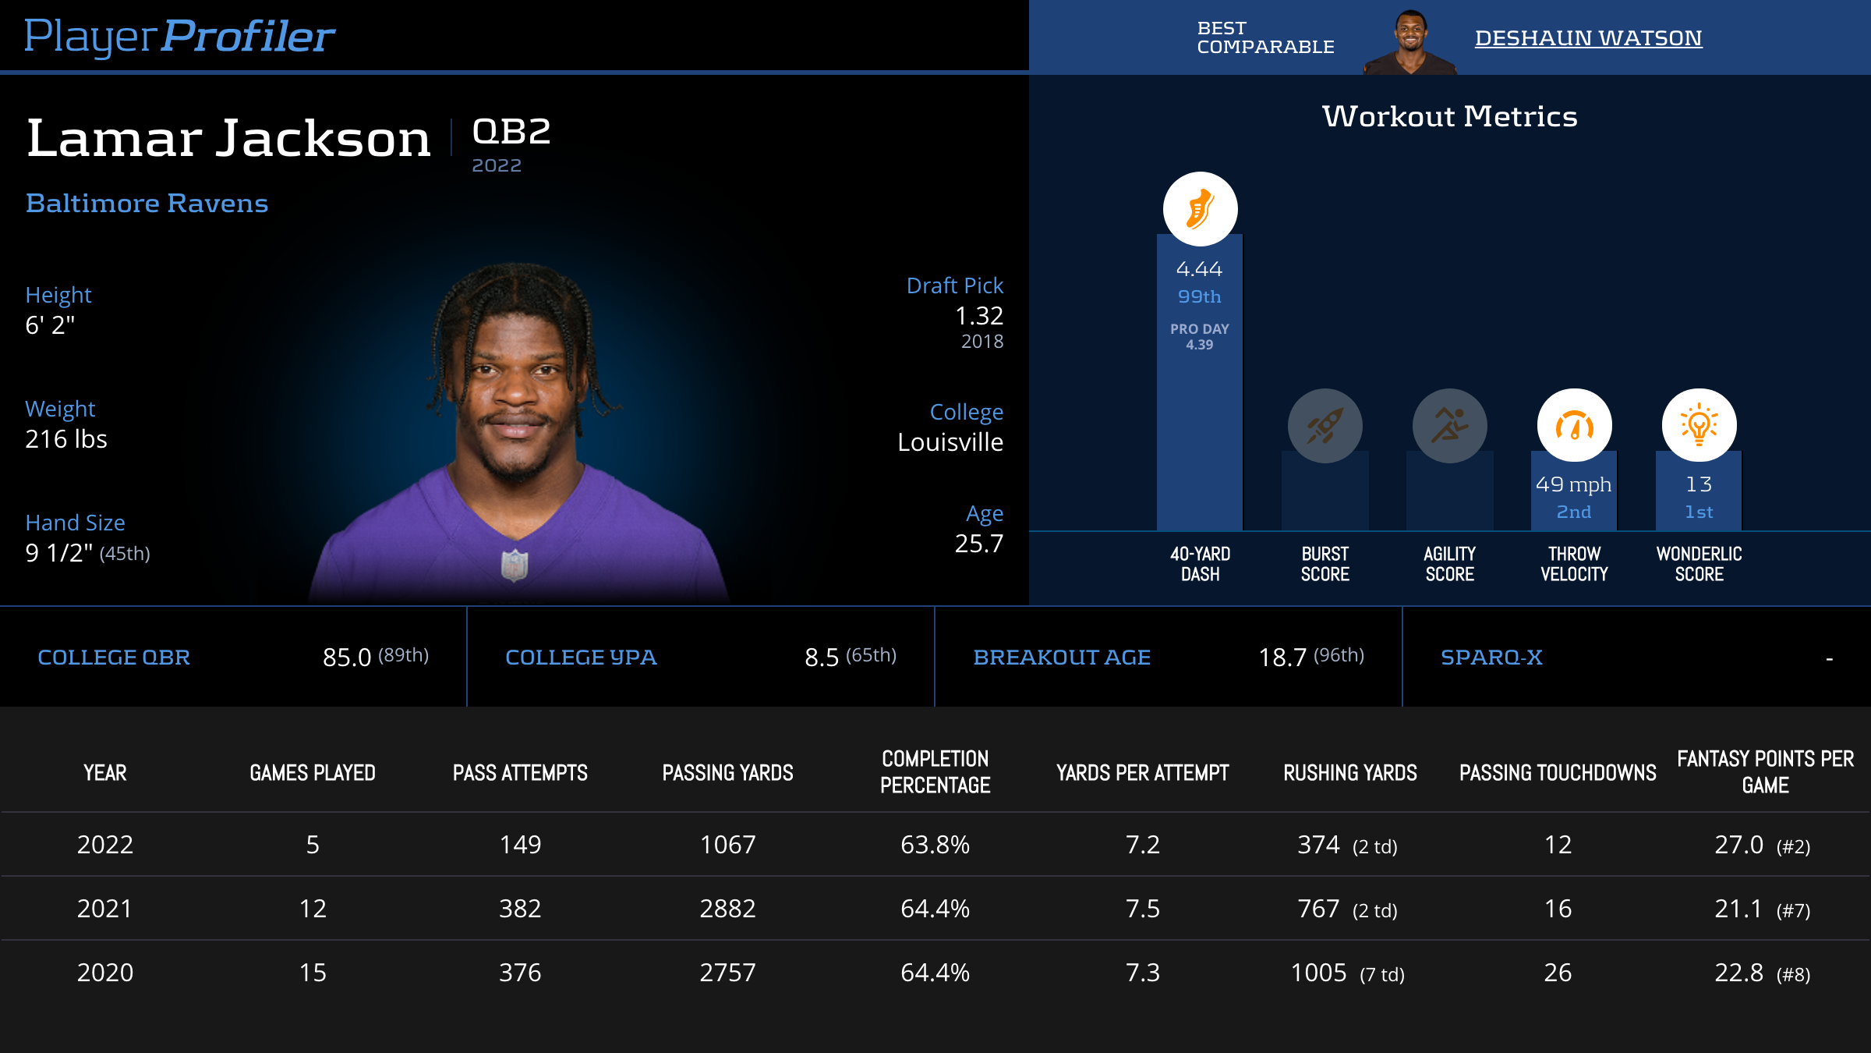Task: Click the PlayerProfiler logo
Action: click(x=179, y=36)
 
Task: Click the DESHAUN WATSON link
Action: click(x=1588, y=38)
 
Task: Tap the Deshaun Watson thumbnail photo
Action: click(x=1410, y=42)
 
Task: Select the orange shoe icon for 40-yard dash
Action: click(x=1200, y=209)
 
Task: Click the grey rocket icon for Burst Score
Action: click(x=1325, y=426)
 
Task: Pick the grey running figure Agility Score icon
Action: click(x=1449, y=426)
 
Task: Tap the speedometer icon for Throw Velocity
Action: click(x=1574, y=426)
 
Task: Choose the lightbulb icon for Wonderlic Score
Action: click(x=1699, y=426)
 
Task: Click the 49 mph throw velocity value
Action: click(x=1573, y=484)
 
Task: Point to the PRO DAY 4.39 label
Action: click(x=1199, y=336)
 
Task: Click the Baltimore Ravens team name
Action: click(x=147, y=204)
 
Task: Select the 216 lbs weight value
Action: click(x=66, y=439)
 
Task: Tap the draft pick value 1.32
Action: click(x=978, y=316)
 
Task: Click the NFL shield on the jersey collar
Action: click(x=515, y=565)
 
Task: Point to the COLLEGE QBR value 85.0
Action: click(x=347, y=658)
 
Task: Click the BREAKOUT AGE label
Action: click(x=1062, y=658)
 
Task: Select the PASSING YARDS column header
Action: click(x=727, y=773)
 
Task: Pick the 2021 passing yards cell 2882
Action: click(x=727, y=909)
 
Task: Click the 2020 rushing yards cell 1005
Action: click(x=1319, y=973)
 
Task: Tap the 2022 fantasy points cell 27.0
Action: click(x=1739, y=845)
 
